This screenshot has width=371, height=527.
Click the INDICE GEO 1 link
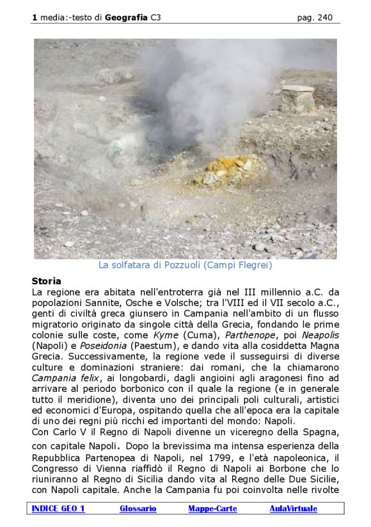[x=58, y=508]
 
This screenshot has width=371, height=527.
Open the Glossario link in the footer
[x=138, y=508]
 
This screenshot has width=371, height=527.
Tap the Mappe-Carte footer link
[x=212, y=508]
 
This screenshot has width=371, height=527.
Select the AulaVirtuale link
[x=293, y=508]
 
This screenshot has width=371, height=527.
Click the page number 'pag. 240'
[x=315, y=18]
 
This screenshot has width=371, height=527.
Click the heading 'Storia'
[x=47, y=281]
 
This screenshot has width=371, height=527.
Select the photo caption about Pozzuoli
[x=185, y=264]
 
